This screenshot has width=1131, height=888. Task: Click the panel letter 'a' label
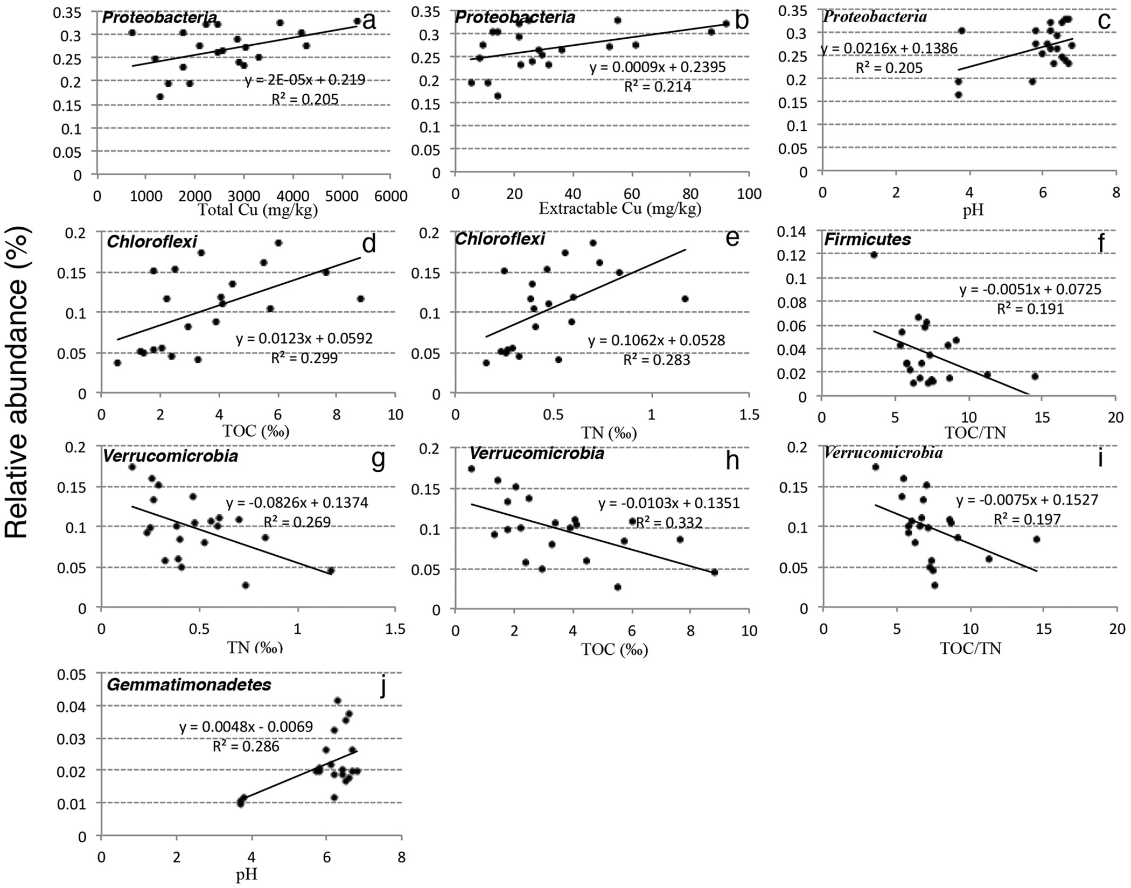(x=369, y=22)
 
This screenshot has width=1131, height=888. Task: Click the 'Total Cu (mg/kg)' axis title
(x=258, y=210)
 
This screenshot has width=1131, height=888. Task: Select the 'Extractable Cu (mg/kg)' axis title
(x=620, y=208)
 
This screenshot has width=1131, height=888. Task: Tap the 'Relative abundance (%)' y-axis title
(x=18, y=382)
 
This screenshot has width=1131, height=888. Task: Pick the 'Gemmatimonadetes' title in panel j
(x=189, y=686)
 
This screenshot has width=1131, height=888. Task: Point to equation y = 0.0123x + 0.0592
(x=304, y=339)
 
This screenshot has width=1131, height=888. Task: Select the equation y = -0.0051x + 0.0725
(x=1030, y=290)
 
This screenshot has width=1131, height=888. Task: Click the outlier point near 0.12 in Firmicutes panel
(x=874, y=255)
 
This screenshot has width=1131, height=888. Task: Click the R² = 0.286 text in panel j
(x=246, y=746)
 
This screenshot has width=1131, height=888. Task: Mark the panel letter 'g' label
(x=379, y=460)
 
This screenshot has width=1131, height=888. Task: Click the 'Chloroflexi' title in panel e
(x=499, y=239)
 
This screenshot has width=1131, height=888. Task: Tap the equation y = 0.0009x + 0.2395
(x=658, y=67)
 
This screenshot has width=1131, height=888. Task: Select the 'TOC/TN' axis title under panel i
(x=971, y=648)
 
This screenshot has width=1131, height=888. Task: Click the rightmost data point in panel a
(x=357, y=21)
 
